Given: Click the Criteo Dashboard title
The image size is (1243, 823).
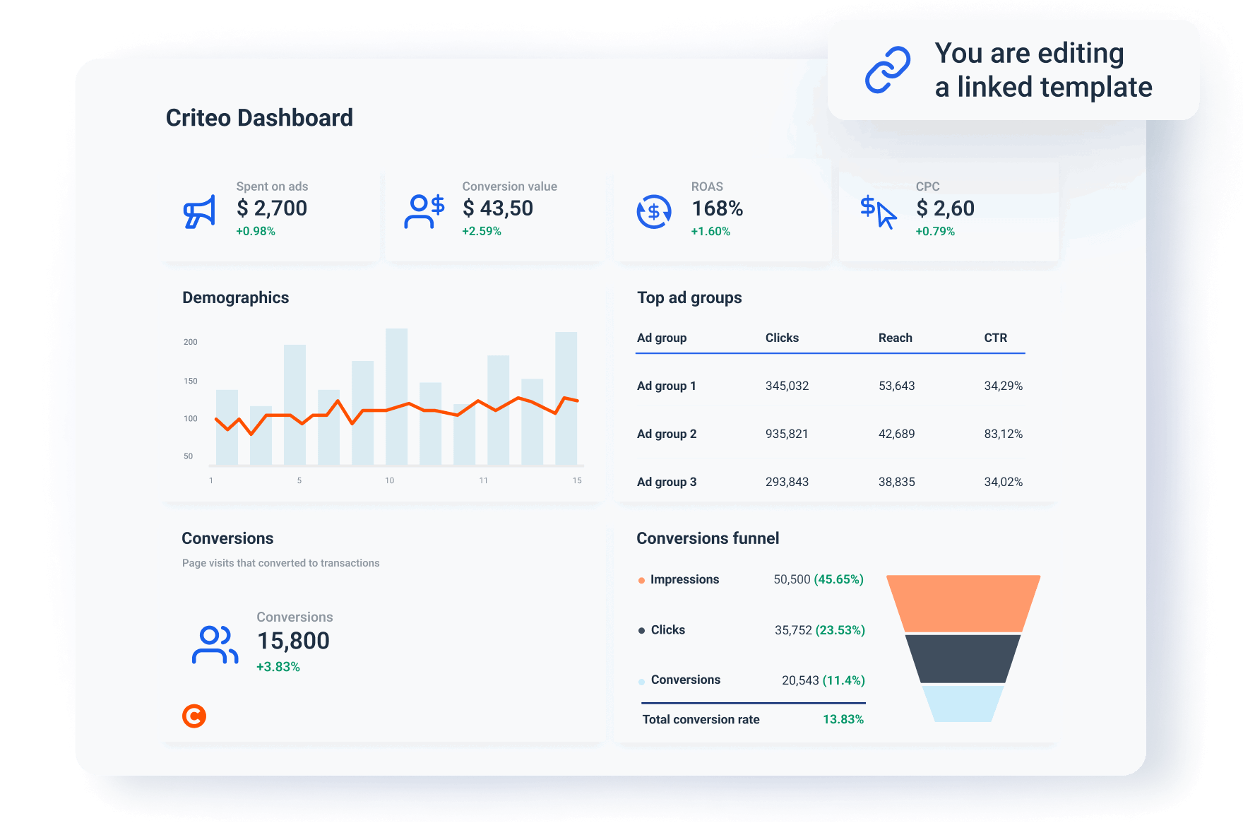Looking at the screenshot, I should coord(259,118).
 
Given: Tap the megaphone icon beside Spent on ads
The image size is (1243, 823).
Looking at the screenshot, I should coord(199,211).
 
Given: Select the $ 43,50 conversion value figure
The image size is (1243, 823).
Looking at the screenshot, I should coord(498,208).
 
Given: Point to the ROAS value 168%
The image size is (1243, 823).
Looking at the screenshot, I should coord(717,208).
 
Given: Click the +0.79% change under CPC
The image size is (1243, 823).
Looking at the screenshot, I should coord(935,232).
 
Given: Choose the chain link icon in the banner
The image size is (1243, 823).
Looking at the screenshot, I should coord(888,70).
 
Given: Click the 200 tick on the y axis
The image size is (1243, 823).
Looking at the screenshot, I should coord(191,342).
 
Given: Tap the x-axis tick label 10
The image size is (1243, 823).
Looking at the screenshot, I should coord(389,480).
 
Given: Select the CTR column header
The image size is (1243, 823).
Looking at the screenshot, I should coord(996,338).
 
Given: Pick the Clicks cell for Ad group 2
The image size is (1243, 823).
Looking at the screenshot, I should coord(787,434).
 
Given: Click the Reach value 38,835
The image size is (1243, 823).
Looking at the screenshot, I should coord(896,482).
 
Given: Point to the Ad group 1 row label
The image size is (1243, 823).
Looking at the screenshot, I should coord(666,386).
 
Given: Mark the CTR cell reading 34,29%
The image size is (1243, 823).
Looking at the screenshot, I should coord(1003,386).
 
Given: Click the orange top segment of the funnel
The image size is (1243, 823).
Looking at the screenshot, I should coord(963,603).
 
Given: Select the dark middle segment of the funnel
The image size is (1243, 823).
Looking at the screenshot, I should coord(963,658).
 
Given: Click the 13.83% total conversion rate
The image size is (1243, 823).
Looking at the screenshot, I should coord(843,719).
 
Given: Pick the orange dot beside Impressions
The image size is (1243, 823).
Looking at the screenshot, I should coord(641,581).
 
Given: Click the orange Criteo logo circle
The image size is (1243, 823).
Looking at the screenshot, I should coord(194,716).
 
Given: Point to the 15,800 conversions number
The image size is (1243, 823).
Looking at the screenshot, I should coord(293,641).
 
